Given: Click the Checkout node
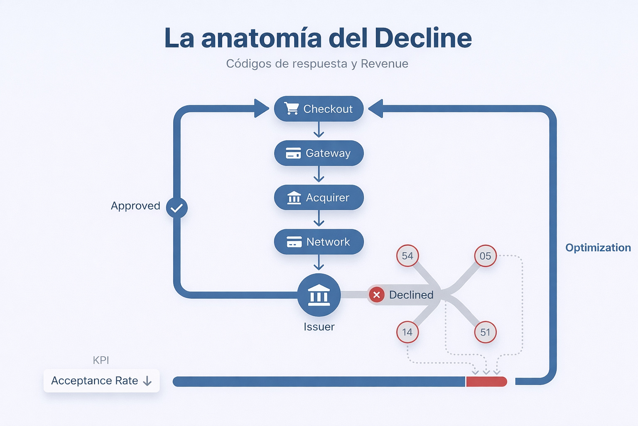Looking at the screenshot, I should tap(319, 109).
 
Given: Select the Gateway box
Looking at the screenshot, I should tap(319, 153).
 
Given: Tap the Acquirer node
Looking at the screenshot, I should tap(319, 198).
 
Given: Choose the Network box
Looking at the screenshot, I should tap(319, 242).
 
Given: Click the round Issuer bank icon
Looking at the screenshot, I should tap(319, 295).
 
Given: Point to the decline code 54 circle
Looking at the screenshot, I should tap(407, 256).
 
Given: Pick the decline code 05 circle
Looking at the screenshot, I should tap(485, 256).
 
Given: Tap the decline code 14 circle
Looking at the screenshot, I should tap(407, 332).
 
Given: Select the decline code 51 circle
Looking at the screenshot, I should tap(485, 332).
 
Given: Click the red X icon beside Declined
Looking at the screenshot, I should tap(376, 295).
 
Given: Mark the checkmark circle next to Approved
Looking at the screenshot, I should tap(177, 208).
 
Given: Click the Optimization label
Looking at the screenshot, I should tap(598, 248).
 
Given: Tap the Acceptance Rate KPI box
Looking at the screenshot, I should tap(101, 381).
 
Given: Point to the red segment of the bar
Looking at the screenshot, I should tap(486, 381).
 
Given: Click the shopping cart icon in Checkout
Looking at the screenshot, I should tap(291, 109).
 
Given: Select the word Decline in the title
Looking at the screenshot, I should tap(423, 38).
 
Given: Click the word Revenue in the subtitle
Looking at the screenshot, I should tap(384, 64).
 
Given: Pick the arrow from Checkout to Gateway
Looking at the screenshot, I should tap(319, 130).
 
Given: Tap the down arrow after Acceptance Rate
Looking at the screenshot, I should tap(147, 381).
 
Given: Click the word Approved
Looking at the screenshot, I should tap(135, 206).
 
